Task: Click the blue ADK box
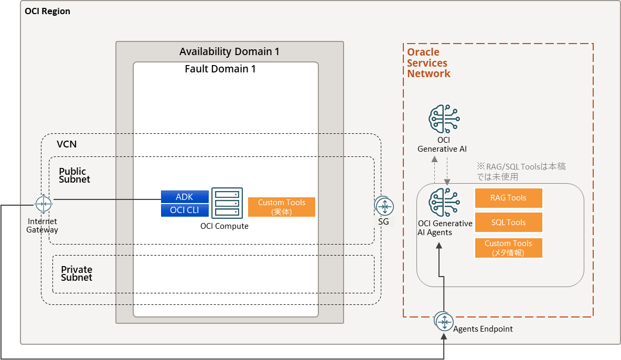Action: click(185, 197)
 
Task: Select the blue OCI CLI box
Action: click(185, 210)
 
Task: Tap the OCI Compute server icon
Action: click(227, 204)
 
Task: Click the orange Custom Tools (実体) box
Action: click(282, 207)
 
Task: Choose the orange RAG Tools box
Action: click(508, 198)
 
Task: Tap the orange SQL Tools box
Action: click(508, 223)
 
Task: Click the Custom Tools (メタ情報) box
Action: click(508, 248)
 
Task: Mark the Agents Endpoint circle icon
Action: click(444, 321)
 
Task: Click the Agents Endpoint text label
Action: click(483, 329)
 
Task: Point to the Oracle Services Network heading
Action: click(429, 63)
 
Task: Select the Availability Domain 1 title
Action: click(229, 51)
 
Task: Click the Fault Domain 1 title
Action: click(220, 69)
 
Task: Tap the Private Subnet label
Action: click(77, 273)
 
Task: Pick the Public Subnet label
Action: click(74, 175)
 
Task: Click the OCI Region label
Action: click(48, 11)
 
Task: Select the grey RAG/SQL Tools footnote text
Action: click(520, 172)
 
